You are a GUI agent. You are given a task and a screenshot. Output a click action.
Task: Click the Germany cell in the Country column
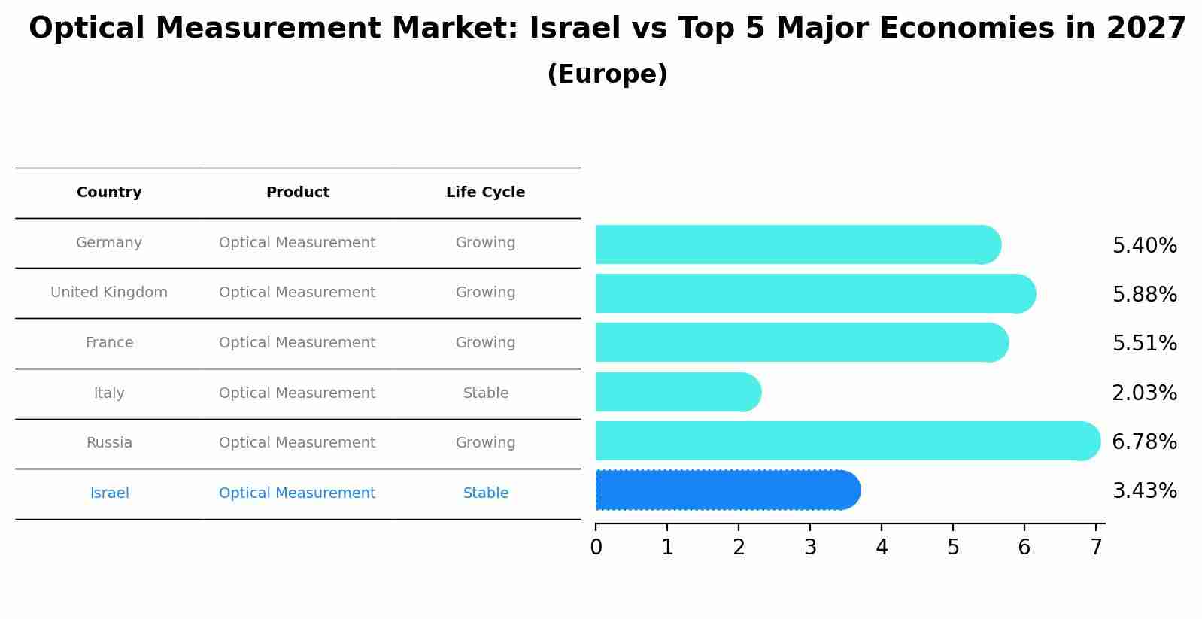tap(109, 243)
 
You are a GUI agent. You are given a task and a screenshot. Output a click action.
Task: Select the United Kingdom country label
tap(109, 293)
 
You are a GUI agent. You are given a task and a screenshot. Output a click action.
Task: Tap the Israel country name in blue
tap(110, 493)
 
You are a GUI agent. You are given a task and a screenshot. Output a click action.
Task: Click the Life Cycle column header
tap(485, 193)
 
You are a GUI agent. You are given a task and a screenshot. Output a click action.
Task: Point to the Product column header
tap(298, 193)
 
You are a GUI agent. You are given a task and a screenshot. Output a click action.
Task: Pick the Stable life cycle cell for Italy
tap(486, 393)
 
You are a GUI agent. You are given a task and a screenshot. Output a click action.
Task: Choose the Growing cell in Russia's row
tap(485, 443)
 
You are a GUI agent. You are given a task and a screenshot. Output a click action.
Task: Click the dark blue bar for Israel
tap(726, 490)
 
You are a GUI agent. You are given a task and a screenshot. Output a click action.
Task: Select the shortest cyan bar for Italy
tap(677, 392)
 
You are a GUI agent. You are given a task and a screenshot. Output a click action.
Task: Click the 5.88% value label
tap(1144, 295)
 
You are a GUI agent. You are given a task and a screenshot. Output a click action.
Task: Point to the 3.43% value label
tap(1144, 491)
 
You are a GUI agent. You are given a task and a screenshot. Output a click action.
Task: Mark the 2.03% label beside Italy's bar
tap(1144, 393)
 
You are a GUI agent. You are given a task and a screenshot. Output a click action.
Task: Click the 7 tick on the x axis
tap(1096, 548)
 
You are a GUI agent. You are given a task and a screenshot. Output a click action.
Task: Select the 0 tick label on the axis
tap(596, 548)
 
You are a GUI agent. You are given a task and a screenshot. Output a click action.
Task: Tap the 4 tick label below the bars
tap(882, 548)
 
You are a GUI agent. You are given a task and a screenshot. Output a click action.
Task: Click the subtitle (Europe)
tap(607, 74)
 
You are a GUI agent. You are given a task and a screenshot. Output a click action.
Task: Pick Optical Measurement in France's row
tap(297, 343)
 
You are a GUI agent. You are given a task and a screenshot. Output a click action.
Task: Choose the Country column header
tap(109, 193)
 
